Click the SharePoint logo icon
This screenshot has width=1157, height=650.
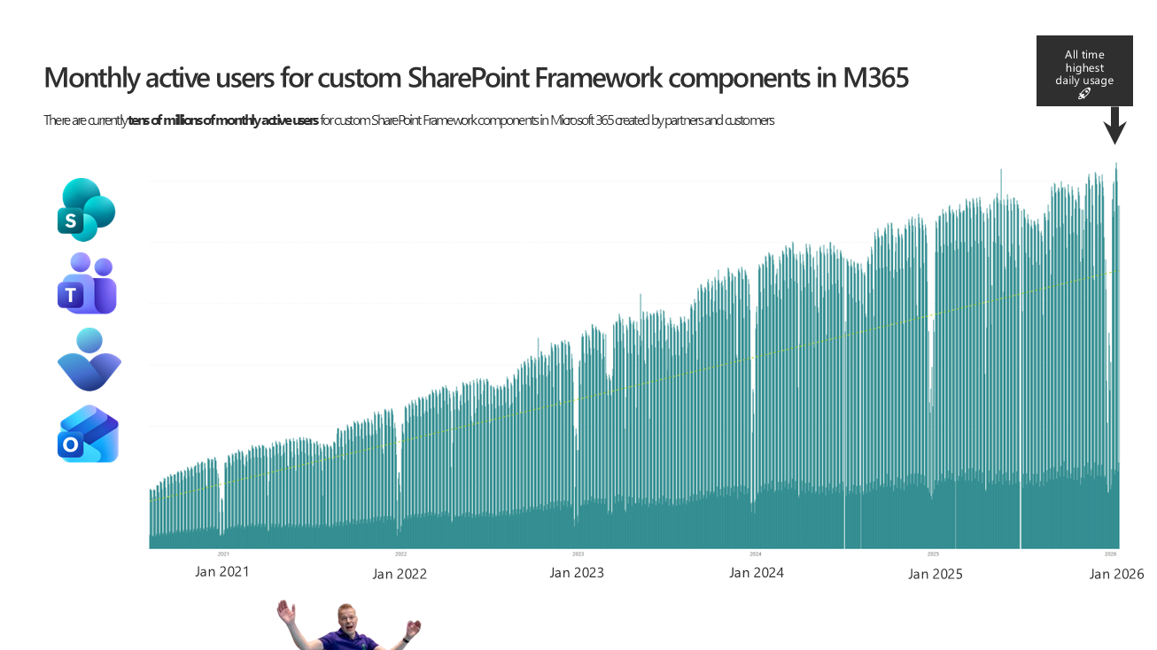pos(86,210)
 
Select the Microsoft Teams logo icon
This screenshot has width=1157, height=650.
pos(87,283)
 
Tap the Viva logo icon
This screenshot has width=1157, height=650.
pos(89,360)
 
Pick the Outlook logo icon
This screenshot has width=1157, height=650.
pos(88,434)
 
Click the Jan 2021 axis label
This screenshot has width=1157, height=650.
pos(221,572)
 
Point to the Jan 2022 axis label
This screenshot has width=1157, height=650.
pos(400,574)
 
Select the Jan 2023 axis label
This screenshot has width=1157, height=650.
pos(577,573)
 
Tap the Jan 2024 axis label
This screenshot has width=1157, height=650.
pos(756,573)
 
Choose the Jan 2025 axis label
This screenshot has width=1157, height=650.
pos(935,574)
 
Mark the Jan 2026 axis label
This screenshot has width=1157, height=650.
pos(1116,574)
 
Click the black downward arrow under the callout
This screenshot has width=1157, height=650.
pos(1114,126)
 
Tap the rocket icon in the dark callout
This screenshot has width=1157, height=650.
pos(1084,94)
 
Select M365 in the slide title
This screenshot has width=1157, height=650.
pos(875,79)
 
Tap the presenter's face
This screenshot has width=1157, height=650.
pos(347,620)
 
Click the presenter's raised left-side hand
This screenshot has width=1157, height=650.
pos(285,612)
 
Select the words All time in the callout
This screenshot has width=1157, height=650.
pos(1084,55)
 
